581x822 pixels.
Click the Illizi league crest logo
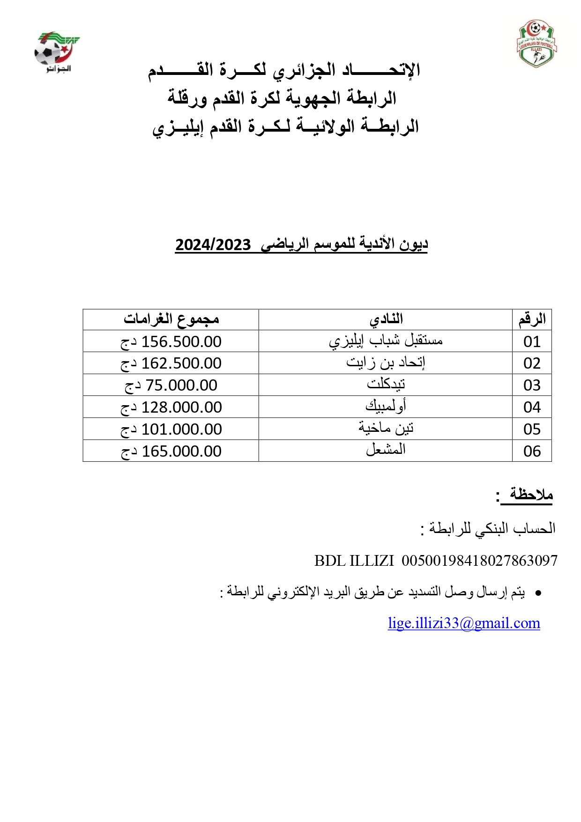tap(537, 44)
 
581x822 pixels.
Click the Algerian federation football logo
tap(55, 52)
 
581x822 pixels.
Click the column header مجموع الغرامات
tap(171, 319)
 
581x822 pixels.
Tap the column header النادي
tap(386, 319)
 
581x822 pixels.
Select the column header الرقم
tap(532, 319)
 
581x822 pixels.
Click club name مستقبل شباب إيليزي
tap(386, 341)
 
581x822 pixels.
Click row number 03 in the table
tap(532, 385)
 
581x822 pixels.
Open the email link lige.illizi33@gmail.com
tap(464, 623)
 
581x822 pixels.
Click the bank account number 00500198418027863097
tap(479, 561)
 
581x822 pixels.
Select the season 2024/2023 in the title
tap(213, 245)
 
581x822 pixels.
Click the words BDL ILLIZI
tap(354, 561)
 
